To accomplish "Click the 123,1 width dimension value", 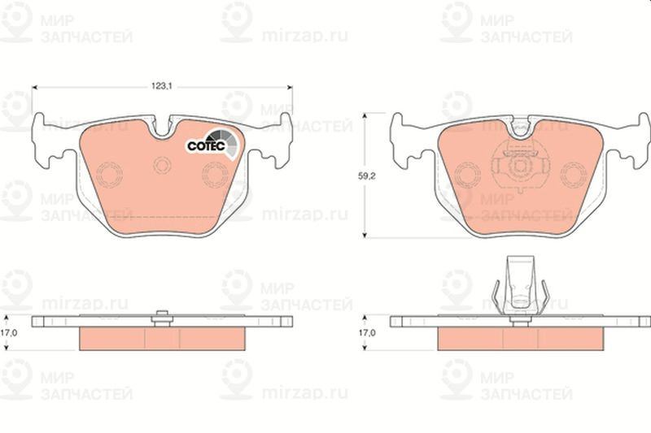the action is (161, 86).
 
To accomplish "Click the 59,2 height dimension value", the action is (367, 176).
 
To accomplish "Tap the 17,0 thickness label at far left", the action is (8, 333).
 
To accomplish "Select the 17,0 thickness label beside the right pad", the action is (367, 333).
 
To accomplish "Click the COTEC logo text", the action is (206, 146).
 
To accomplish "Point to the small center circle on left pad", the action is (162, 166).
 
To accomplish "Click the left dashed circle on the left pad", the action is (109, 175).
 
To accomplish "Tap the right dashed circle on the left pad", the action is (215, 175).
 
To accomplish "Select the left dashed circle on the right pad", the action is (468, 175).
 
